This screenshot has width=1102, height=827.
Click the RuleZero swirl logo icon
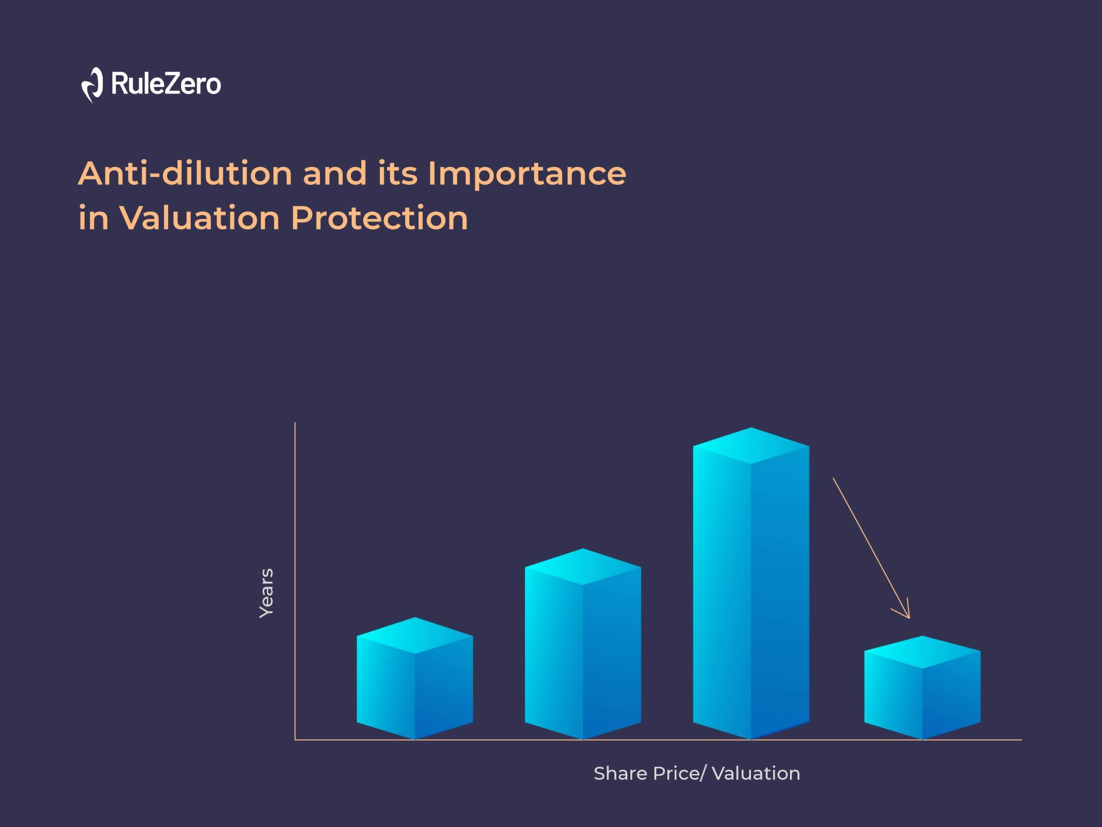click(92, 85)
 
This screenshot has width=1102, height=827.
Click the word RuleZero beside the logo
click(166, 83)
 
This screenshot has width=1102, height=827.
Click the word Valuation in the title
click(199, 218)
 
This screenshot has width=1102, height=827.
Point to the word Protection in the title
click(380, 218)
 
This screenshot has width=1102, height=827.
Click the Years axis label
click(266, 593)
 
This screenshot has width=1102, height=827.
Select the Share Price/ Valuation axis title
click(697, 773)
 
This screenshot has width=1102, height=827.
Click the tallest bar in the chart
click(751, 583)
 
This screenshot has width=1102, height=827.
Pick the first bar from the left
click(415, 678)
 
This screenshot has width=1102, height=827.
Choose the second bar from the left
click(582, 644)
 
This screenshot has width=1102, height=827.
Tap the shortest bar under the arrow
click(922, 688)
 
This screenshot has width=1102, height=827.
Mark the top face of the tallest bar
click(751, 446)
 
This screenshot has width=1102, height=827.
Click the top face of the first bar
click(415, 636)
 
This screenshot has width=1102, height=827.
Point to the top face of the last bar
click(922, 652)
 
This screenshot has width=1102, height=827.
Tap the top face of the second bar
click(582, 567)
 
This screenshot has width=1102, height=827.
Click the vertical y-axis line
click(295, 581)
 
